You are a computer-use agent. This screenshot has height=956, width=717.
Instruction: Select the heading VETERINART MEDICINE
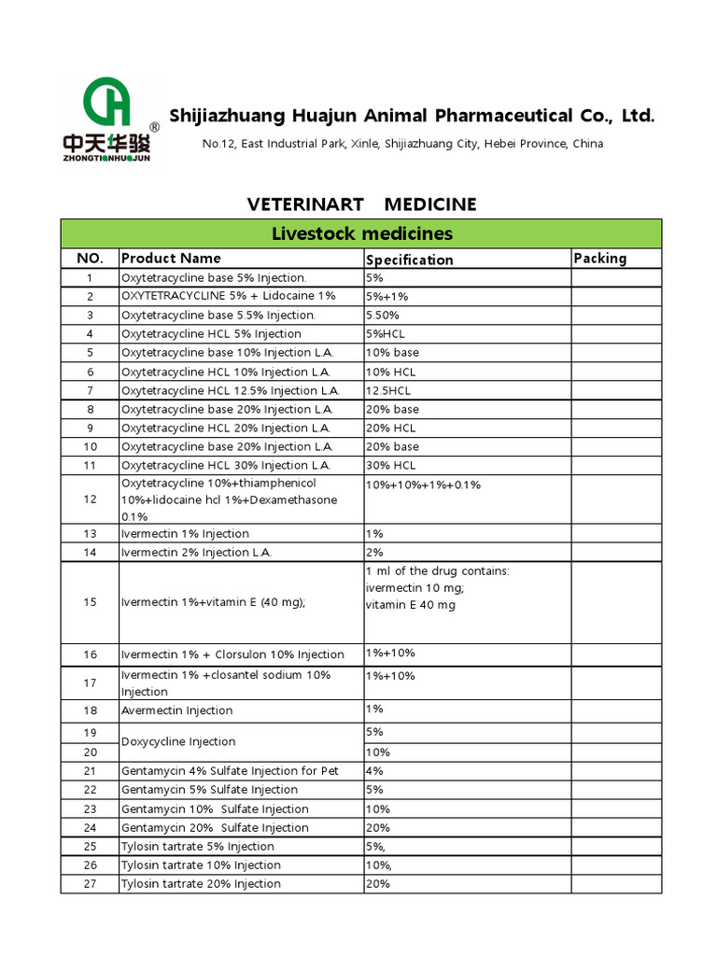(x=361, y=204)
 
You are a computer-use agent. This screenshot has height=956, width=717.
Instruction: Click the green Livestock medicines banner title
(x=361, y=233)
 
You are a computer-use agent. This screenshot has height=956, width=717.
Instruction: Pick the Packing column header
(x=599, y=259)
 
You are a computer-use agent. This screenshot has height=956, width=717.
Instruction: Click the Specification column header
(x=409, y=260)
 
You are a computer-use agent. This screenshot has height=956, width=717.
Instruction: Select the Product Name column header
(x=171, y=259)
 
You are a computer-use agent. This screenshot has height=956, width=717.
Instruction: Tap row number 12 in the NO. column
(x=90, y=499)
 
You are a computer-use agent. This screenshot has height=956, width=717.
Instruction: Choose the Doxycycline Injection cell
(x=177, y=742)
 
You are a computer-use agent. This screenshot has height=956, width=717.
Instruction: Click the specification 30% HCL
(x=391, y=465)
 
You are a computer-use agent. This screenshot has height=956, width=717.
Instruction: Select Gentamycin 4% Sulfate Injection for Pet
(x=230, y=771)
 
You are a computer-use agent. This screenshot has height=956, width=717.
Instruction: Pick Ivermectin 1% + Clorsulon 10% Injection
(x=232, y=654)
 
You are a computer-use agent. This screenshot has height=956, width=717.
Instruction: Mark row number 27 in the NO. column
(x=90, y=884)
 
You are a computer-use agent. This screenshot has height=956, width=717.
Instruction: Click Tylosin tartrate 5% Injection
(x=197, y=847)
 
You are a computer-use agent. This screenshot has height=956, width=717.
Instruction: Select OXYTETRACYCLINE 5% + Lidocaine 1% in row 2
(x=228, y=296)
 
